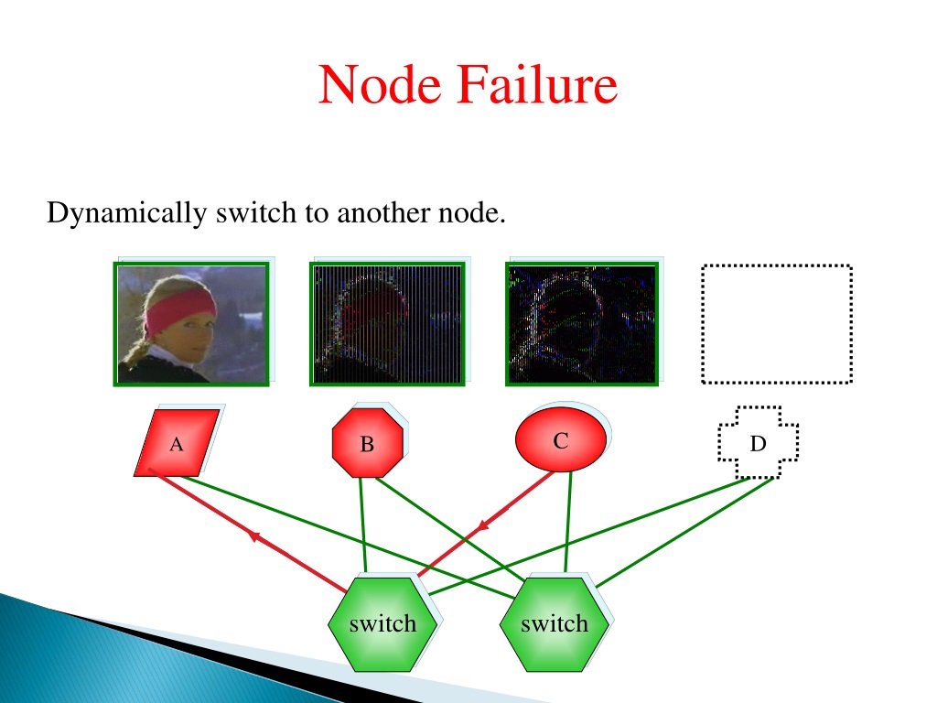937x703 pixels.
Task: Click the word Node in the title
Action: (x=380, y=84)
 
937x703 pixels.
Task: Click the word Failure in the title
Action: (x=538, y=84)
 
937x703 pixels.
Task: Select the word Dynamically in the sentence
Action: (x=126, y=213)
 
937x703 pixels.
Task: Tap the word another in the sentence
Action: (x=384, y=212)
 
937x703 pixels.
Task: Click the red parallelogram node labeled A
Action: (x=177, y=443)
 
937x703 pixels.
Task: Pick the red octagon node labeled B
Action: (x=368, y=443)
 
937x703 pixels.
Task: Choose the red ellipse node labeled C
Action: (x=561, y=439)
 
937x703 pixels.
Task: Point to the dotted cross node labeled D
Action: (x=758, y=443)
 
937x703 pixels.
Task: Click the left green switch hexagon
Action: (x=382, y=624)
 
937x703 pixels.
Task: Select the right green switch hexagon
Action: (x=554, y=624)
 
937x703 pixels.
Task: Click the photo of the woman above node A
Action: (x=191, y=324)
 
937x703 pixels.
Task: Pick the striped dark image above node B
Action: (x=387, y=324)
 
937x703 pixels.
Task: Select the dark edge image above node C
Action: (x=582, y=324)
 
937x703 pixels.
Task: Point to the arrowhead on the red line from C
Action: (x=481, y=526)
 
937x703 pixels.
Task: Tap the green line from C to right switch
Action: (x=567, y=521)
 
